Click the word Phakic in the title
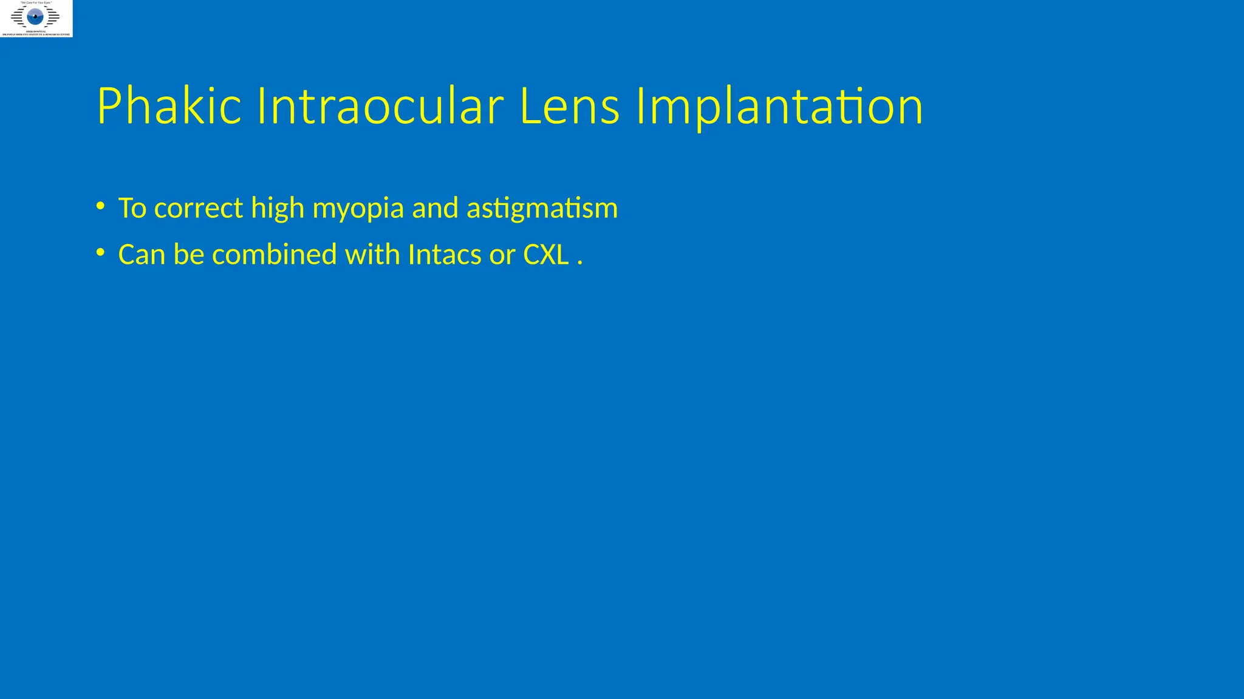click(x=169, y=106)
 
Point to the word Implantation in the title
click(x=779, y=106)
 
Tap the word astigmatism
click(x=542, y=208)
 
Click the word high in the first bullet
click(x=278, y=208)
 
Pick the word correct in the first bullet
click(x=199, y=208)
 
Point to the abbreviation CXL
click(x=545, y=254)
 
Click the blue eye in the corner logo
click(x=35, y=16)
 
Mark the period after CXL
click(x=580, y=263)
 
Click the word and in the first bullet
click(x=435, y=208)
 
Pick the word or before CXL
click(x=502, y=255)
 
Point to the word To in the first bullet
click(x=132, y=208)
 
